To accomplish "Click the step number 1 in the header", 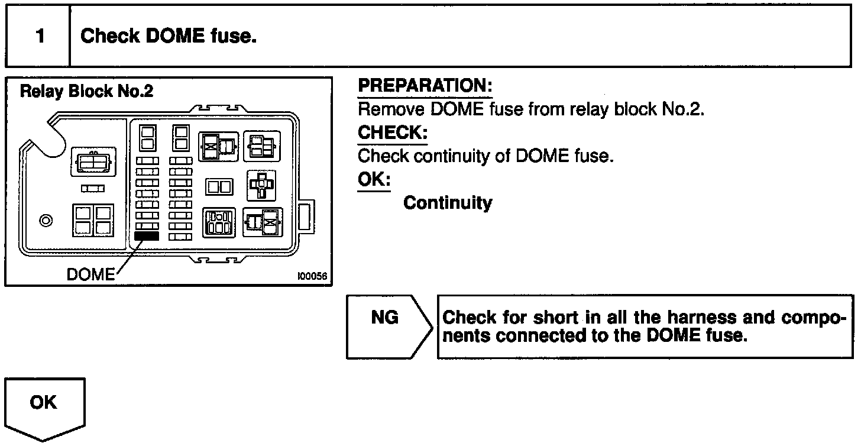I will point(40,37).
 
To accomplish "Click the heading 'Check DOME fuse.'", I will point(169,37).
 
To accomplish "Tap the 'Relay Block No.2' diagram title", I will point(86,92).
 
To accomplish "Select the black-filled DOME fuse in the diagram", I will point(147,235).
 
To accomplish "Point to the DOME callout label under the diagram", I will point(90,274).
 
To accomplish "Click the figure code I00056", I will point(313,276).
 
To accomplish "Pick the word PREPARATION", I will point(425,86).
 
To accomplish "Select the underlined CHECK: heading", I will point(392,133).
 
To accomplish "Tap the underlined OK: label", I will point(374,180).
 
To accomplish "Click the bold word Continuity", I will point(448,203).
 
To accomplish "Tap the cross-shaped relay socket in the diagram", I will point(261,185).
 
